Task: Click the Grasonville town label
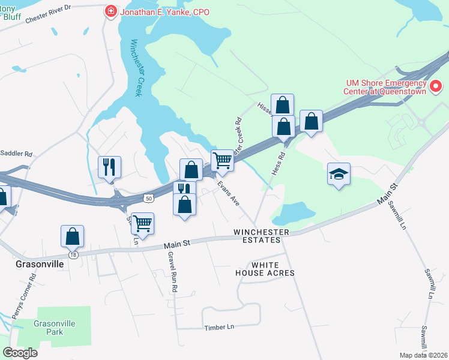40,264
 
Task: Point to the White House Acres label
273,269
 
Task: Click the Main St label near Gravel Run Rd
178,244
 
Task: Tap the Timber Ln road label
218,328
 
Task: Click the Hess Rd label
277,162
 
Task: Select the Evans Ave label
229,194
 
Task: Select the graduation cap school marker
339,174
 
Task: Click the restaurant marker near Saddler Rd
109,166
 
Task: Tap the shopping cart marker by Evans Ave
222,160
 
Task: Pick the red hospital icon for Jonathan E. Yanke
110,11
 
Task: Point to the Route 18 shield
73,255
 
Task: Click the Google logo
20,353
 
